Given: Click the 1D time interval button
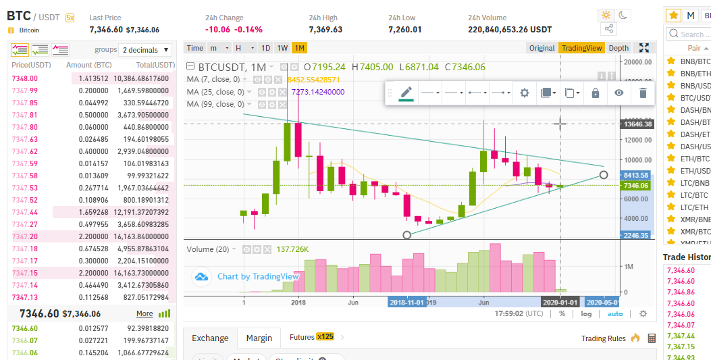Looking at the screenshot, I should pos(265,48).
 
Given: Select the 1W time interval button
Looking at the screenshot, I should pos(282,48).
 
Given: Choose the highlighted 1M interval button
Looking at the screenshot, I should pos(299,48).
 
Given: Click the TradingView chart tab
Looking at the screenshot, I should pos(581,48).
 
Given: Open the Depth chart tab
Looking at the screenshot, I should pos(618,48).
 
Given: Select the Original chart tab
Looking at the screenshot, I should pos(542,48).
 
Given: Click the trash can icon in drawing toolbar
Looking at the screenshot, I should pos(643,93).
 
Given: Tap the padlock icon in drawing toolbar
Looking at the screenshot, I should pos(596,93).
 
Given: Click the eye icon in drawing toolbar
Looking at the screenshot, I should pos(618,93).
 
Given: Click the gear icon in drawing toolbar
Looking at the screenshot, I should pos(524,93).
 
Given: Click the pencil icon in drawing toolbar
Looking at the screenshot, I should pos(406,93).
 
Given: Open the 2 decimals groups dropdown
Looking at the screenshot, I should pos(144,50).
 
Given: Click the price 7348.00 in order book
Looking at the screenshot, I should pos(24,78).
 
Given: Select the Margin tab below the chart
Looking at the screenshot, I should pos(259,338).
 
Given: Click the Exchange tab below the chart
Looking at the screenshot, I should pos(210,338).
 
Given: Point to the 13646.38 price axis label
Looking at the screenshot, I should pos(638,124).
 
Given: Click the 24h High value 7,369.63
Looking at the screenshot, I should pos(325,30).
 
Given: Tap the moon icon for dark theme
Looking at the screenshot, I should pos(623,15).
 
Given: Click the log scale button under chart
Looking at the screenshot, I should pos(586,313).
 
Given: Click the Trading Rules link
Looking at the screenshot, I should pos(603,338).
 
